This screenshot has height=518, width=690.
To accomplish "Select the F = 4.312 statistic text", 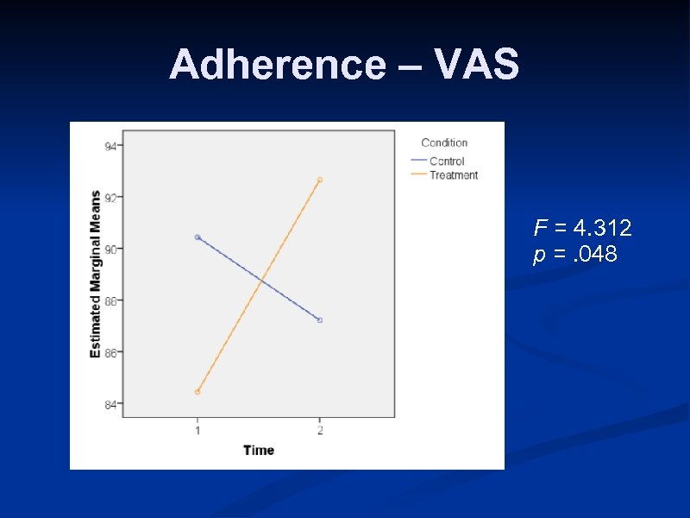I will tap(582, 229).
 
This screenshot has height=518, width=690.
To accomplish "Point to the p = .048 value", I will tap(574, 255).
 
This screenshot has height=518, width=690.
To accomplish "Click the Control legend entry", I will tap(446, 161).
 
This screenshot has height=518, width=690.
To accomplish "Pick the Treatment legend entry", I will tap(453, 175).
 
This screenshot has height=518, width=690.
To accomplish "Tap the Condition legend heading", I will tap(444, 143).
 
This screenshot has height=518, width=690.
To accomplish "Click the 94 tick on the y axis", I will tap(111, 146).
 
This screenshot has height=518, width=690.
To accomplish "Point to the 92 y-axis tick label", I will tap(111, 197).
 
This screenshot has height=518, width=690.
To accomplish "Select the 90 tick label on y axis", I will tap(111, 249).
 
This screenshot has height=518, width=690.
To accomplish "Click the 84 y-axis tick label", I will tap(111, 404).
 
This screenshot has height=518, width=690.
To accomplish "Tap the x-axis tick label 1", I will tap(198, 430).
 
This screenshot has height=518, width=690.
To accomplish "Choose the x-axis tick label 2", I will tap(320, 430).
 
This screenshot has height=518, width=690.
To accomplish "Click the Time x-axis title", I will tap(258, 450).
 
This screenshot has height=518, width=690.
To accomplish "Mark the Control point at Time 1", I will tap(198, 237).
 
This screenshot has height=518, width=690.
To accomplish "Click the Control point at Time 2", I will tap(320, 320).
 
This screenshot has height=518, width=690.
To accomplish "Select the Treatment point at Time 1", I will tap(198, 392).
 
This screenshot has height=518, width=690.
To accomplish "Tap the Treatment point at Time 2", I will tap(320, 180).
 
